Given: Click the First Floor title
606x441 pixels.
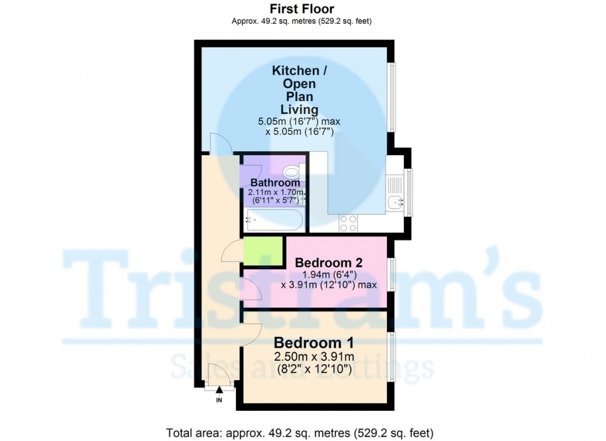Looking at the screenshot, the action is coord(302,8).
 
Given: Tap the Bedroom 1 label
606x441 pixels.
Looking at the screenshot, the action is coord(314,343).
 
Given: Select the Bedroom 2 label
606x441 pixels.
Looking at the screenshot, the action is coord(329,263).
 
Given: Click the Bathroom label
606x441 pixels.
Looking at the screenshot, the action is coord(275,182).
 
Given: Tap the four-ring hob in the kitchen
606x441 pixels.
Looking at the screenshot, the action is coord(348,223).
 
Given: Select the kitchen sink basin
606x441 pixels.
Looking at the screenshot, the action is coord(396,202).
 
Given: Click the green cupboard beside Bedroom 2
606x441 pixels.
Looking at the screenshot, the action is coord(263,251).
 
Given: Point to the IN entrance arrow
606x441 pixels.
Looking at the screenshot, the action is coord(219,390).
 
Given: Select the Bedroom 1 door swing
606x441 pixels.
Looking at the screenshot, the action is coord(251,334).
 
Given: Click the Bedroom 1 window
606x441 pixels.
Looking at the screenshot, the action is coord(392,357).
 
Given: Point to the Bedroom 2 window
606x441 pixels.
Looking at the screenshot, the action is coord(392,274).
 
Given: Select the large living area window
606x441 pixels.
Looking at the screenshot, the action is coord(392,97).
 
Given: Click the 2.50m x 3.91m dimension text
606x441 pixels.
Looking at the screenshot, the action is coord(314,356).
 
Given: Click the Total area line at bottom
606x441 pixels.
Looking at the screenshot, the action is coord(300,433).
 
